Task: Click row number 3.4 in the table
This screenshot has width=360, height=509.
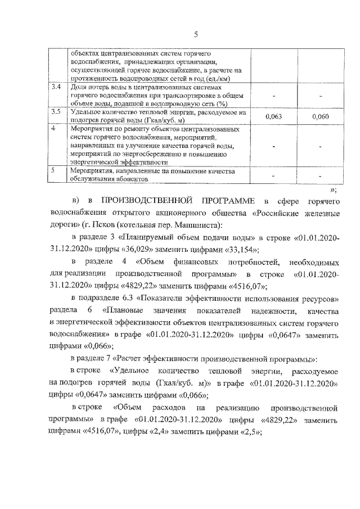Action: pos(55,88)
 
